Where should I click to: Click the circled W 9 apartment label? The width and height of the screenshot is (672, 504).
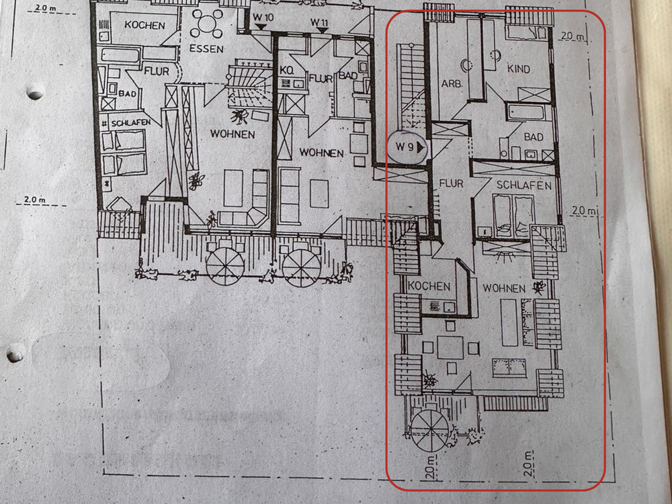click(408, 146)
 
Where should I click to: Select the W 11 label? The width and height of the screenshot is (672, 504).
click(319, 22)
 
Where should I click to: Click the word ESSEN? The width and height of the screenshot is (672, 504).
click(206, 48)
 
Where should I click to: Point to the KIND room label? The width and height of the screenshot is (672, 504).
click(518, 69)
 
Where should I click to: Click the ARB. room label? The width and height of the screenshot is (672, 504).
click(450, 84)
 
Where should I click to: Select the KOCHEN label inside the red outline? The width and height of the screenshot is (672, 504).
click(429, 286)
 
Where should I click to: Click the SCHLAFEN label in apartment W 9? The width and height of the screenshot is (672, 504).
click(524, 185)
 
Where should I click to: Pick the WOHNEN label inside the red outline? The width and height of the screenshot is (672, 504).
click(503, 288)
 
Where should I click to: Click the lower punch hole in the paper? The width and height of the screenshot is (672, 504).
click(15, 351)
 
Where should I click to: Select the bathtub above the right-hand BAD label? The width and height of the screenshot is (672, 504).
click(530, 111)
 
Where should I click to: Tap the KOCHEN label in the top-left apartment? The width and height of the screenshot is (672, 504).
click(144, 25)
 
